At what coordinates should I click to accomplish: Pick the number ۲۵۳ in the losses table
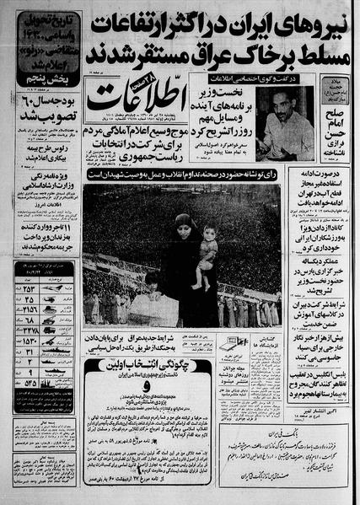27,289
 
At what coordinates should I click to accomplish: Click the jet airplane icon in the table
51,289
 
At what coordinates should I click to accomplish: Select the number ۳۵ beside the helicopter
27,300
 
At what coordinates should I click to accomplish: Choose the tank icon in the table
51,310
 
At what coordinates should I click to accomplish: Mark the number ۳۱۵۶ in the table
27,310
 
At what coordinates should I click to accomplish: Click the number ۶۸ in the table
27,321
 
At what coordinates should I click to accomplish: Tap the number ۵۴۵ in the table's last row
27,382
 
